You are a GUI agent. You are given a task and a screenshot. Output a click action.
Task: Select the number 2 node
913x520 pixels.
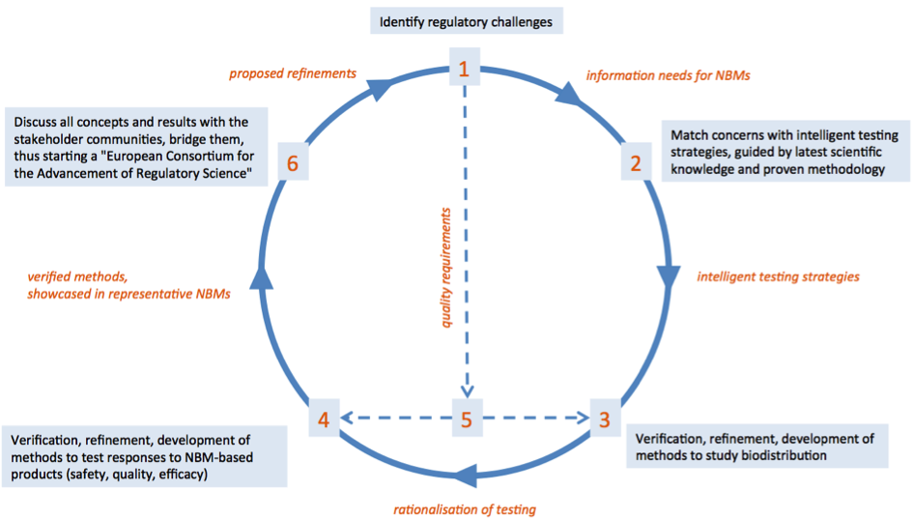636,162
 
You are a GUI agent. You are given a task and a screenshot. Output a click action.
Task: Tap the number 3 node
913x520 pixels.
604,419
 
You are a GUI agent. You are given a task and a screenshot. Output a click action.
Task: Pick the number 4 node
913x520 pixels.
324,419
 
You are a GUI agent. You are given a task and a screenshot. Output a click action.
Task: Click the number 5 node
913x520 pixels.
466,419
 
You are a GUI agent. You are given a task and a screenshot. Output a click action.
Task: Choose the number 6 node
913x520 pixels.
293,163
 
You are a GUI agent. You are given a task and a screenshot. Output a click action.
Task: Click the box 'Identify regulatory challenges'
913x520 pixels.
465,20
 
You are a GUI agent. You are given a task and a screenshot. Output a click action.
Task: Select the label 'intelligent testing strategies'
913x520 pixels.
778,277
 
